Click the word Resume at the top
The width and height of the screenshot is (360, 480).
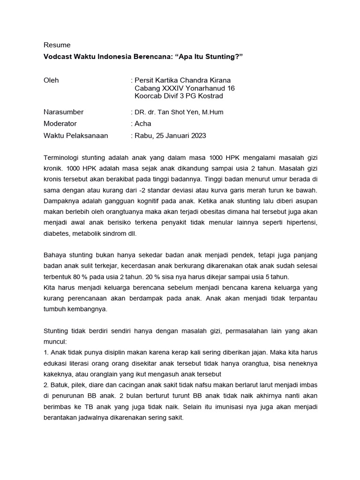(x=57, y=45)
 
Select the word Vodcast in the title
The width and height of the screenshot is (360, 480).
(x=58, y=56)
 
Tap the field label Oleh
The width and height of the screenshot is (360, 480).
(x=51, y=80)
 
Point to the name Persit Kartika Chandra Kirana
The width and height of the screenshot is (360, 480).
(x=182, y=80)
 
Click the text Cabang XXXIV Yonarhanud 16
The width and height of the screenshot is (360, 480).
(x=184, y=88)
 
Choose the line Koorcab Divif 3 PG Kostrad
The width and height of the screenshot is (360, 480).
(x=179, y=96)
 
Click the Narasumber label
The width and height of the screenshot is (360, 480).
(x=63, y=112)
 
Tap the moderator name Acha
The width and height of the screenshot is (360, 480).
(x=143, y=124)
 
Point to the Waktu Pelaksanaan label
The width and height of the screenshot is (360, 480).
(x=75, y=135)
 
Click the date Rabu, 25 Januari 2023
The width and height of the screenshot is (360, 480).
(x=170, y=135)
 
